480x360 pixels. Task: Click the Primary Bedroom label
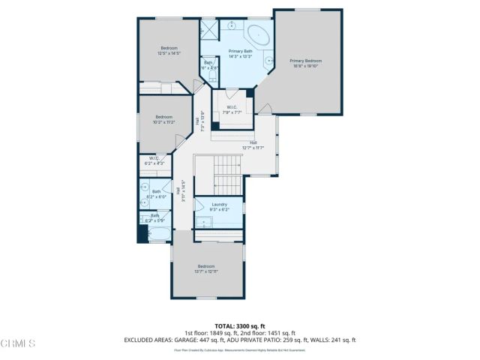305,60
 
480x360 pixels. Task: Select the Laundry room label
220,204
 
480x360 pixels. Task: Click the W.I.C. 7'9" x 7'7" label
232,109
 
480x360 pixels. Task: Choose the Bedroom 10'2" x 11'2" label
163,118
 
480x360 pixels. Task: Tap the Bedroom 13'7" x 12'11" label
206,268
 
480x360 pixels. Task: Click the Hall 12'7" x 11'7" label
253,145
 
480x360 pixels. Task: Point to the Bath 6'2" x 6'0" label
156,193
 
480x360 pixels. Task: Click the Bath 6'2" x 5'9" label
154,217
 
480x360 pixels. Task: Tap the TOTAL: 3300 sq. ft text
240,325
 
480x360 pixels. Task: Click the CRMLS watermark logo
18,343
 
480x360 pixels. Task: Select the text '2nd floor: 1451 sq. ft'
267,333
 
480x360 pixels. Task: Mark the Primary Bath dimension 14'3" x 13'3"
240,55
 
